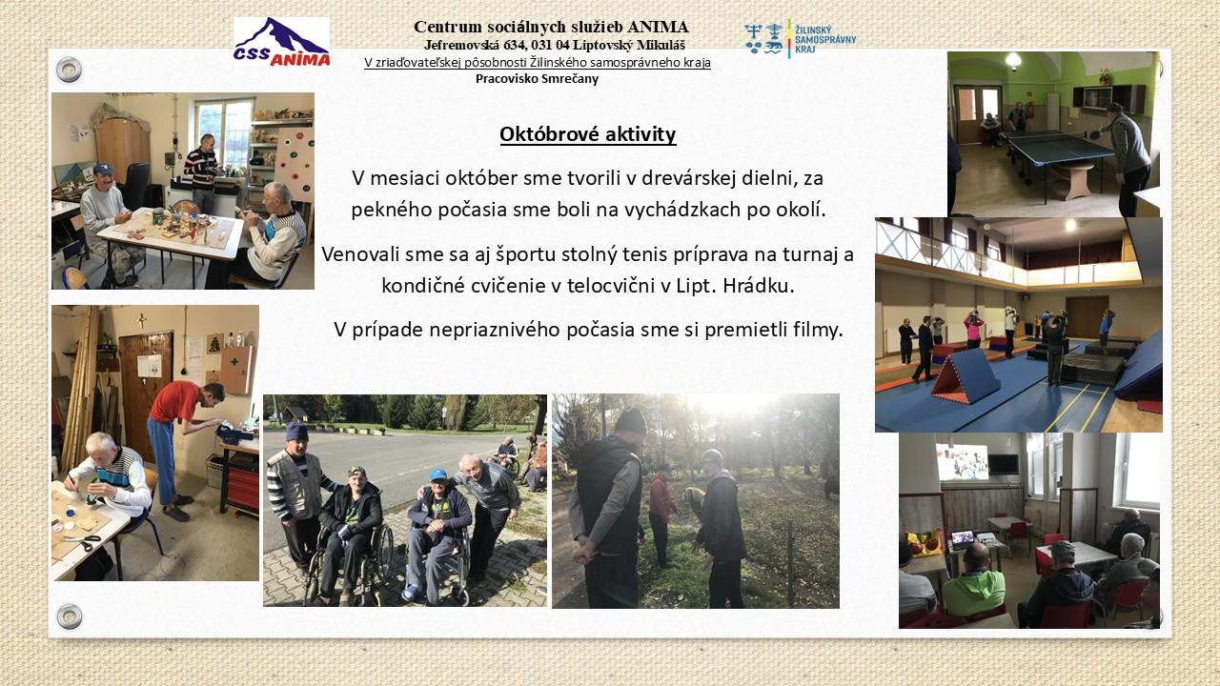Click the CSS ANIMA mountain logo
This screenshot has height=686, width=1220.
[x=281, y=42]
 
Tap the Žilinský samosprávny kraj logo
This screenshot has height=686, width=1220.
[x=800, y=39]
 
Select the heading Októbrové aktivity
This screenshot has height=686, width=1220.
[x=588, y=134]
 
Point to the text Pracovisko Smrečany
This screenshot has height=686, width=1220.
[x=537, y=79]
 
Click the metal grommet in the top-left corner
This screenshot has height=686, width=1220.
[x=70, y=70]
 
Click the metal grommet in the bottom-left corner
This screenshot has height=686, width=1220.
[x=70, y=616]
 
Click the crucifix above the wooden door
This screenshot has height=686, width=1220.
[x=142, y=320]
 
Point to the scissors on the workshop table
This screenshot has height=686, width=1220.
[x=86, y=540]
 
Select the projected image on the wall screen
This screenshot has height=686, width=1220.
[x=963, y=462]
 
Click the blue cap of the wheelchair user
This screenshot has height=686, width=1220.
[x=437, y=474]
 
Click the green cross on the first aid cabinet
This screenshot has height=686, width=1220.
[x=234, y=361]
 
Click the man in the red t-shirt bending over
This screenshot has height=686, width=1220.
[x=183, y=448]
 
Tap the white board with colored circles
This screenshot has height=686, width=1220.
[x=295, y=163]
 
